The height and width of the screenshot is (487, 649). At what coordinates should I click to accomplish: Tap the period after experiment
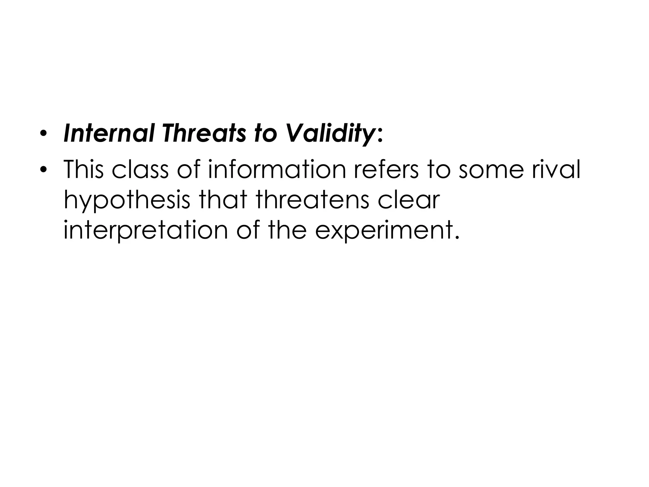click(457, 237)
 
